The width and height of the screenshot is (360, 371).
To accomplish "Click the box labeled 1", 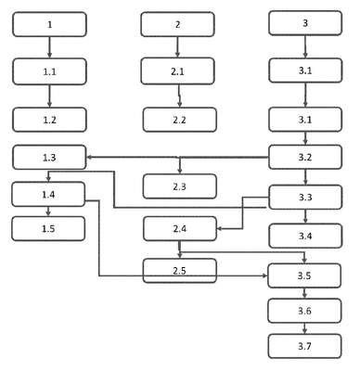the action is click(x=49, y=24).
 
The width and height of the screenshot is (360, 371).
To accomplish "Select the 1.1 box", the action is click(x=49, y=71).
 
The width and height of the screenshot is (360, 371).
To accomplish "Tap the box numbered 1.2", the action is click(x=49, y=120).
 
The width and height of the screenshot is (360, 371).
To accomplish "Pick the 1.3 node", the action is click(x=49, y=158).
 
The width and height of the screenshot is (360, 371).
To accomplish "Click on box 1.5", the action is click(x=48, y=229).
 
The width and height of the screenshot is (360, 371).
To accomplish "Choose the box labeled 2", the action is click(x=177, y=24).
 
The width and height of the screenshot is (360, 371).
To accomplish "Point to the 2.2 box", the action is click(x=180, y=120).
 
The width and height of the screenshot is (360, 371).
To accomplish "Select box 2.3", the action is click(x=180, y=186).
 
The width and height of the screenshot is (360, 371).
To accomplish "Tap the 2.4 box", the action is click(x=180, y=229).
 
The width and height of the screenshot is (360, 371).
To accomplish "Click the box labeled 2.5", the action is click(x=180, y=271).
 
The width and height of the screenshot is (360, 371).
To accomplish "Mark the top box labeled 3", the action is click(x=305, y=23).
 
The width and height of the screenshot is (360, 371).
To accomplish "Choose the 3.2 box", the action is click(x=305, y=157).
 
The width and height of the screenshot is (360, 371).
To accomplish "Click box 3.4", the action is click(x=305, y=236).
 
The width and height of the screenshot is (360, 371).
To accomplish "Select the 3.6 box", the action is click(x=304, y=311).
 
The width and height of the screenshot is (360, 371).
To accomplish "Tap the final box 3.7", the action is click(x=304, y=346).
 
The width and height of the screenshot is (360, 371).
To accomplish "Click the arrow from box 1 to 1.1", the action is click(x=49, y=47).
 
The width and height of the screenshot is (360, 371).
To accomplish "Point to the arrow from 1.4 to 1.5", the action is click(x=48, y=211).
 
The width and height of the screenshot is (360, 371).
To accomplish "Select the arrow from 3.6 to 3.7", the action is click(x=304, y=328).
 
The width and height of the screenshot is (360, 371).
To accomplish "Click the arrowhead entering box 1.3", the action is click(x=89, y=158).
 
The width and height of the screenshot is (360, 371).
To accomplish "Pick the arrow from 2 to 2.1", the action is click(x=177, y=47).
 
